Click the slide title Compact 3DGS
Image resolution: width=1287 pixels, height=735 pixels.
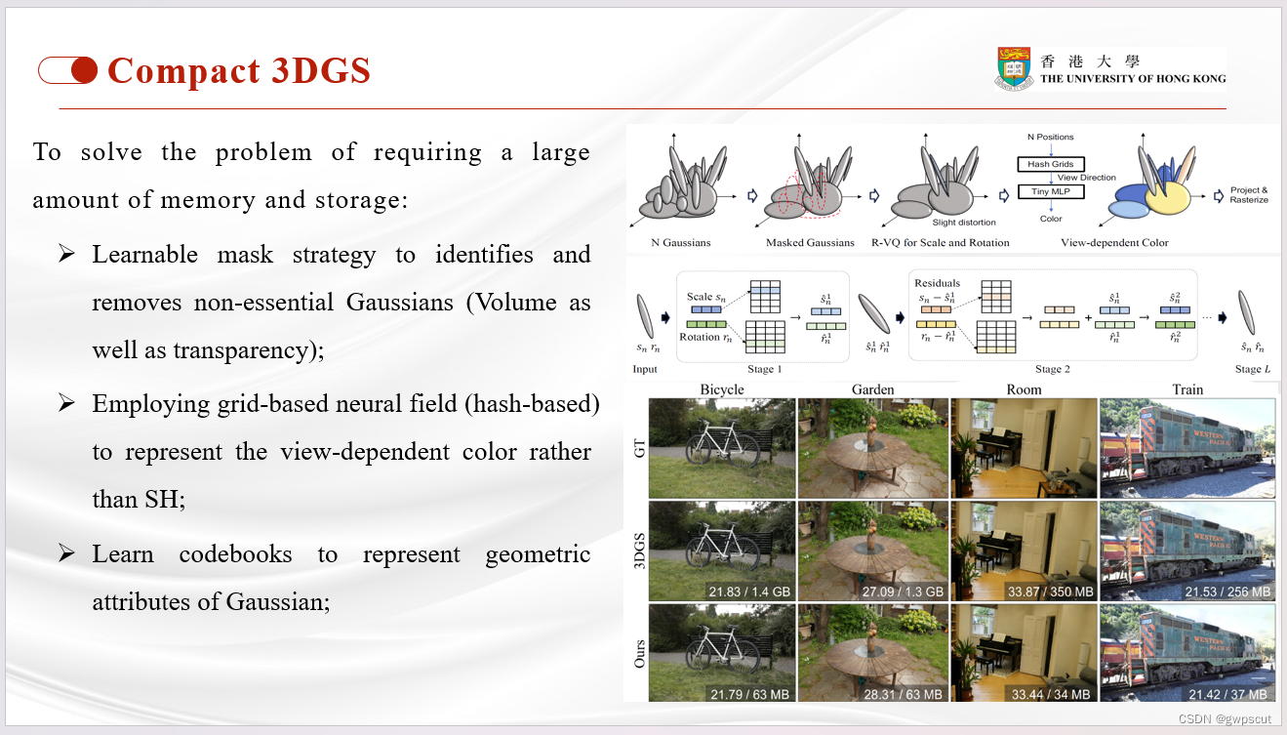point(238,71)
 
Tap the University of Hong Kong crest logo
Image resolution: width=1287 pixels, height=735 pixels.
point(1014,70)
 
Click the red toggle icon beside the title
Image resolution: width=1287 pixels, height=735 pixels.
point(68,70)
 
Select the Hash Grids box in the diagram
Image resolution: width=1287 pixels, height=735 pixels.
point(1050,164)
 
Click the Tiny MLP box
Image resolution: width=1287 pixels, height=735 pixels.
point(1050,191)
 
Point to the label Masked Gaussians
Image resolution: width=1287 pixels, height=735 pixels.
point(809,242)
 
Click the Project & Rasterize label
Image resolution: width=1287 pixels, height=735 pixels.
point(1250,194)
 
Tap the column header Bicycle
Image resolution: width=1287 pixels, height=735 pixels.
point(721,389)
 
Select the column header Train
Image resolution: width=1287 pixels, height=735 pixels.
point(1187,389)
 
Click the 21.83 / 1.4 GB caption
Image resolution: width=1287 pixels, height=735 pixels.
point(748,592)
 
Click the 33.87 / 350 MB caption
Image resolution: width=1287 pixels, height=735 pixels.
point(1049,592)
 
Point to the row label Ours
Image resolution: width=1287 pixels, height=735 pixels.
point(639,653)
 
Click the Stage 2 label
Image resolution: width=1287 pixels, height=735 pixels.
point(1048,369)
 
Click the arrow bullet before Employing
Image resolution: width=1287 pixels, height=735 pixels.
point(66,403)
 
